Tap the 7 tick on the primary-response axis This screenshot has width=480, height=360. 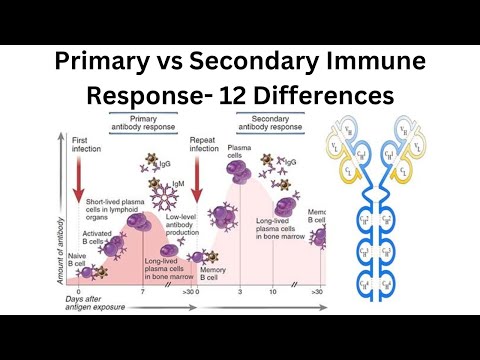(x=142, y=292)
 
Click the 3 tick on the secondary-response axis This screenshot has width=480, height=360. (x=240, y=292)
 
